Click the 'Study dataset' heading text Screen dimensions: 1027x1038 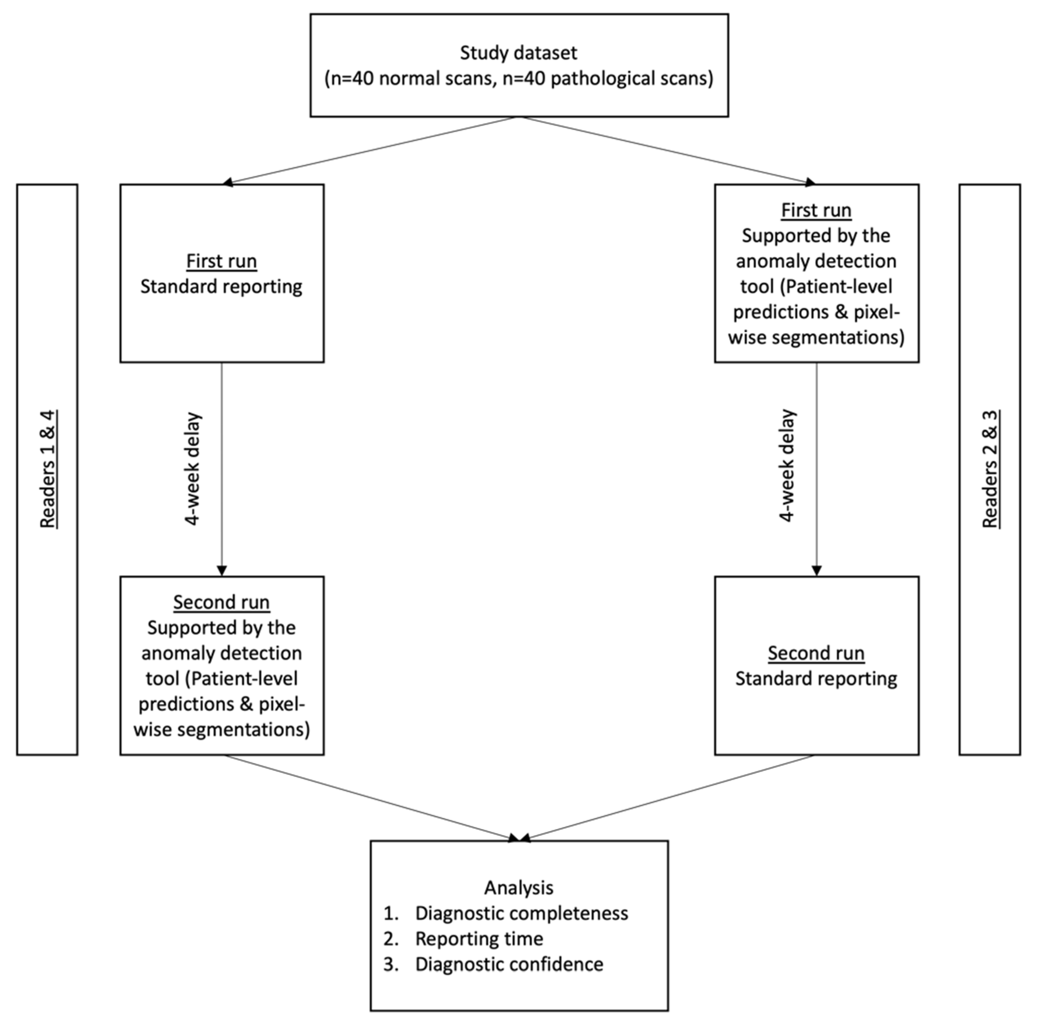(518, 53)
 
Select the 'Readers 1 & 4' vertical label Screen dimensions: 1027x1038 (48, 469)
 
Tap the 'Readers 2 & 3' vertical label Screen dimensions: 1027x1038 (990, 469)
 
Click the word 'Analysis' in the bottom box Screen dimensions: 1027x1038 (518, 887)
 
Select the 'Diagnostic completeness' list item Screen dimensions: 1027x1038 (521, 913)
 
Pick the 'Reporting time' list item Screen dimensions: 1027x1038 (479, 938)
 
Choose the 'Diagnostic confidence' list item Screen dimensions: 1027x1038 (509, 964)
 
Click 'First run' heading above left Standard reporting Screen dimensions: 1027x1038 (221, 261)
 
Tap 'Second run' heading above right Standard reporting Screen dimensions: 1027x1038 (816, 653)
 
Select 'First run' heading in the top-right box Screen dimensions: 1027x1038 (816, 210)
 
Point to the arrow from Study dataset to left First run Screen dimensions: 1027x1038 (371, 150)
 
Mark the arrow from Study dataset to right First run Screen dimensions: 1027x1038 (666, 150)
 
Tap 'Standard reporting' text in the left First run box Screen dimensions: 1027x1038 (221, 286)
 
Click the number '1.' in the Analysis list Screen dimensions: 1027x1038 (391, 913)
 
